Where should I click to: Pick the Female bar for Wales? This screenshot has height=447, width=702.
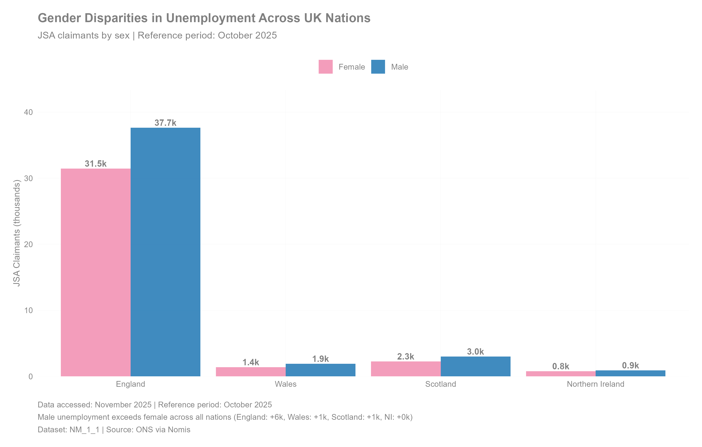[x=251, y=372]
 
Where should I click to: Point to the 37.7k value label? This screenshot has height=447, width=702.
[x=165, y=123]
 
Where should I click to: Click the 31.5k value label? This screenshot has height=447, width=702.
[x=96, y=164]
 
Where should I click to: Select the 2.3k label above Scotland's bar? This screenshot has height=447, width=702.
[x=405, y=357]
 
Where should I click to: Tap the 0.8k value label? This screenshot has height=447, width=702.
[x=560, y=366]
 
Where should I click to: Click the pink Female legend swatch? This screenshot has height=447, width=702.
[x=325, y=67]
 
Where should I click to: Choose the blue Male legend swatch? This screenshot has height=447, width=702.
[x=378, y=67]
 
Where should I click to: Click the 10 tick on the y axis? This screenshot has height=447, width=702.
[x=28, y=310]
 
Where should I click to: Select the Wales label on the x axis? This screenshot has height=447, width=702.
[x=285, y=384]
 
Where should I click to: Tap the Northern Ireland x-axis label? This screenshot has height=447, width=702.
[x=595, y=384]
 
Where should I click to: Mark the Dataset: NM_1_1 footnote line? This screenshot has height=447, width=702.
[x=114, y=430]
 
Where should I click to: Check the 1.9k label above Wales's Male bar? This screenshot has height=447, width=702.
[x=320, y=359]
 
